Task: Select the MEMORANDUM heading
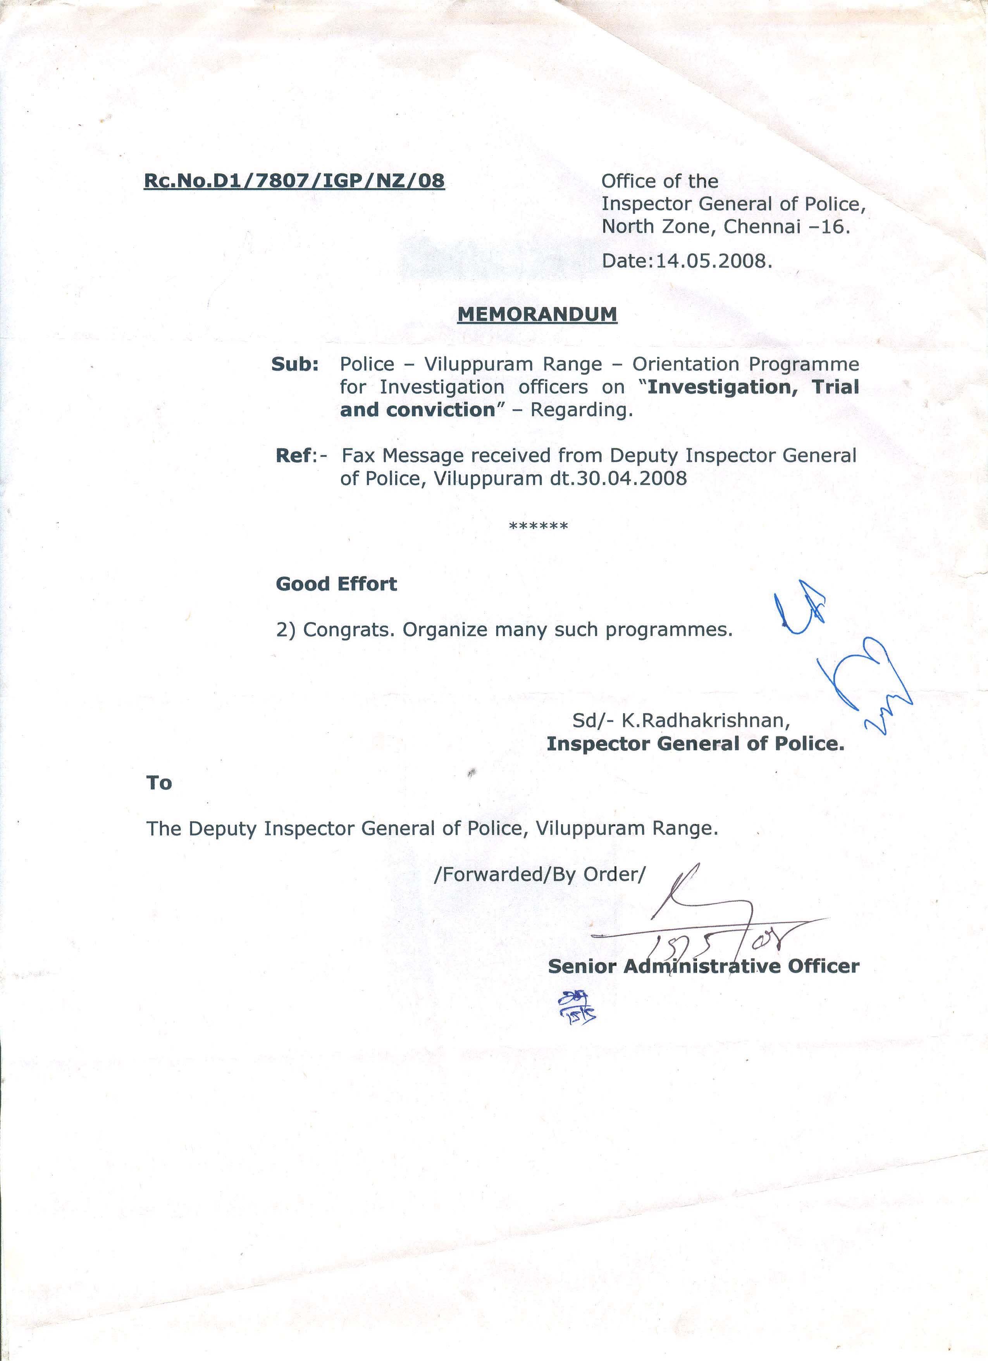click(537, 314)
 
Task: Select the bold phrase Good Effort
click(336, 584)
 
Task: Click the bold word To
click(159, 783)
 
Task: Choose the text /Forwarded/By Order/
click(539, 874)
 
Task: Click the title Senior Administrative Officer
click(703, 966)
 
